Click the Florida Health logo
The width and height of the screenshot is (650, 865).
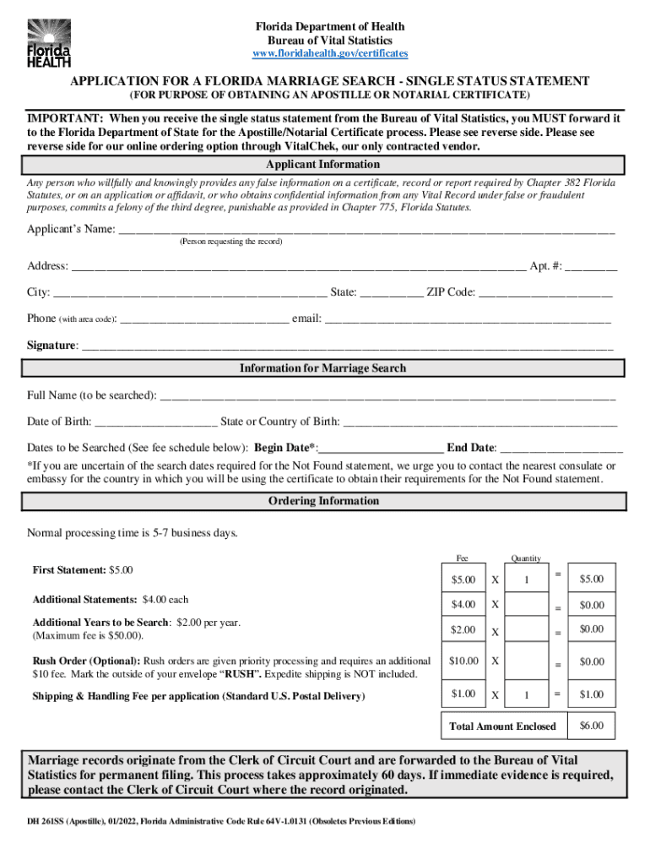[48, 42]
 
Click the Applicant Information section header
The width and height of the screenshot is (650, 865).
[323, 165]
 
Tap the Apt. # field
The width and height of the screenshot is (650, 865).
[592, 268]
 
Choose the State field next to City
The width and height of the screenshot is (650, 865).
[392, 294]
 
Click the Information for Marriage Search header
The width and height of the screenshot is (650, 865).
[323, 368]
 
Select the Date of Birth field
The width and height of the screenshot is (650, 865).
[156, 422]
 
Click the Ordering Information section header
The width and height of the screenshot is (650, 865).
[323, 501]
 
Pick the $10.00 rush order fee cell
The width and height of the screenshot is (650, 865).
[463, 661]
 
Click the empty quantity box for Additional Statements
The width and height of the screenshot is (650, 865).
[526, 605]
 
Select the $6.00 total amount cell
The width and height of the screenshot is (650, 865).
[591, 726]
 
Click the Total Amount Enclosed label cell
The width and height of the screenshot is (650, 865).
[503, 726]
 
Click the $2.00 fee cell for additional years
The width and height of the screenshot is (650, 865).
[463, 630]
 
